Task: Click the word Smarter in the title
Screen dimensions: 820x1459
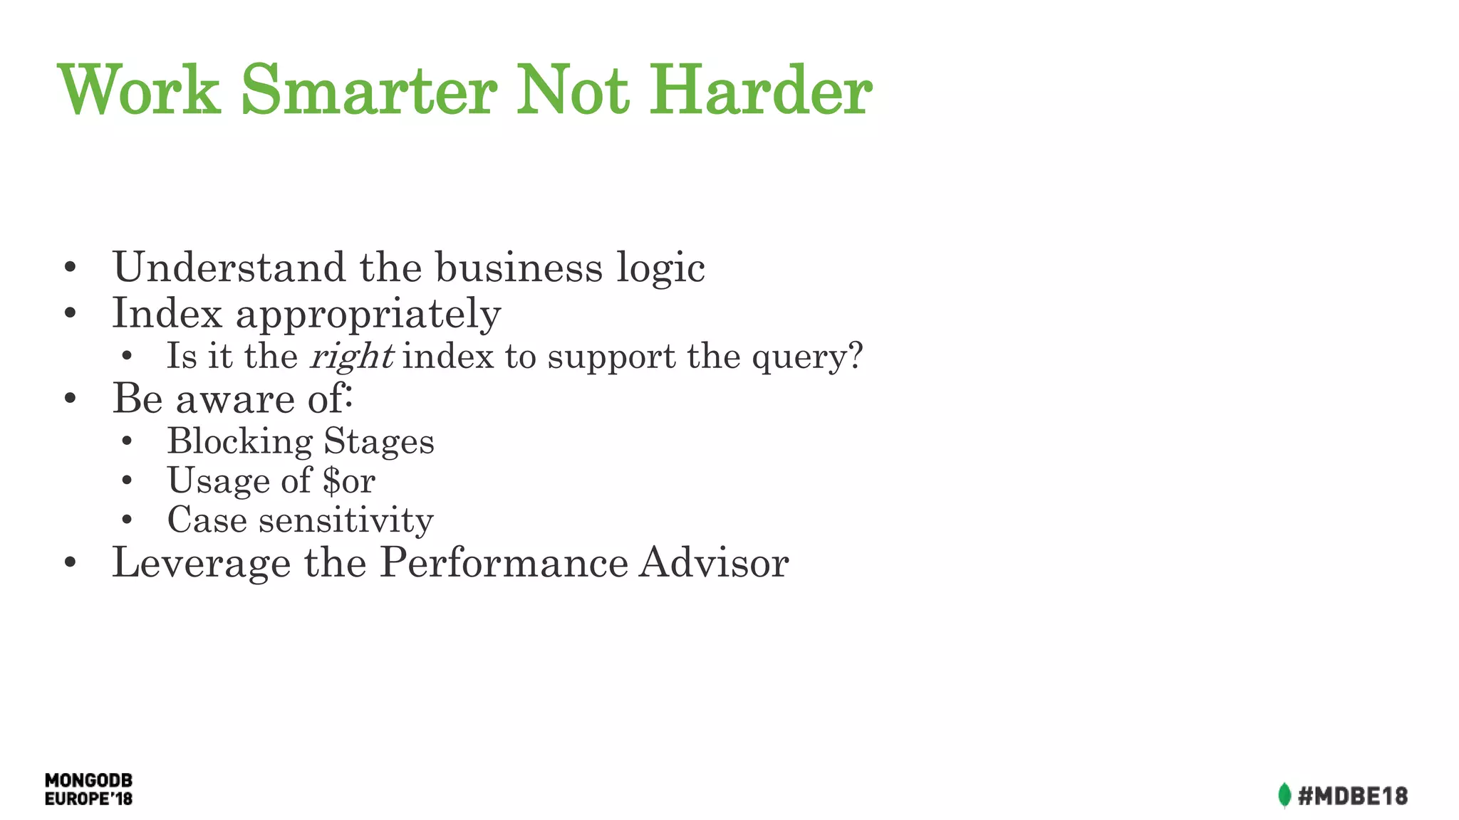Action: click(369, 90)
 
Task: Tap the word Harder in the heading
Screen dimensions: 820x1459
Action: click(760, 90)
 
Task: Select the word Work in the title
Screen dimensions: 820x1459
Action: click(138, 90)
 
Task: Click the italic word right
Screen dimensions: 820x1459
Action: click(351, 356)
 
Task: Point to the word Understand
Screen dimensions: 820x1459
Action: click(229, 268)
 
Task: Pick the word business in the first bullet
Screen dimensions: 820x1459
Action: click(519, 268)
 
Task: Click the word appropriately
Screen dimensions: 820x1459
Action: click(368, 314)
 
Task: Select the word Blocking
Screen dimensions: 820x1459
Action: click(239, 441)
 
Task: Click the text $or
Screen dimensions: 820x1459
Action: click(348, 480)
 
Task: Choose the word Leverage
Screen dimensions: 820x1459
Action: click(202, 563)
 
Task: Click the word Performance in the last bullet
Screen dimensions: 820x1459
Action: click(504, 562)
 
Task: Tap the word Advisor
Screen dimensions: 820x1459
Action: click(714, 562)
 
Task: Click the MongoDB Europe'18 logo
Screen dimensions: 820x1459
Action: click(88, 789)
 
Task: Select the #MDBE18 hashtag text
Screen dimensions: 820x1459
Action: click(1352, 795)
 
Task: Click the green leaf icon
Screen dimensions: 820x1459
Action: click(1284, 795)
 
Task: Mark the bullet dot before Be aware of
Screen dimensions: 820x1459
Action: click(70, 399)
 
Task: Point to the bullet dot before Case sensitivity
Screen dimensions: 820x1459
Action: click(127, 520)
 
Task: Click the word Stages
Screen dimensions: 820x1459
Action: click(378, 441)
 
